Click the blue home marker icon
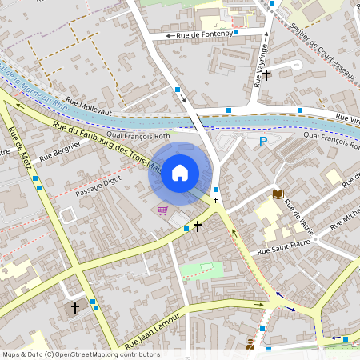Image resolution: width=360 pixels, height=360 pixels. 180,172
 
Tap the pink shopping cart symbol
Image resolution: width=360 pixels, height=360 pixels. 163,210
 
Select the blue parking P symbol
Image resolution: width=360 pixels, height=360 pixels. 262,142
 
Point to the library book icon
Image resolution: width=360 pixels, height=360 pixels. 278,194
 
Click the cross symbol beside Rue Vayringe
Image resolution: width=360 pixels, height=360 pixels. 266,75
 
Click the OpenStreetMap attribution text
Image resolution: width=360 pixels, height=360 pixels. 81,354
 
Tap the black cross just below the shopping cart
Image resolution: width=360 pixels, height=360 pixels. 197,227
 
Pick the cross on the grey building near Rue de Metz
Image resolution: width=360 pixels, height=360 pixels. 75,306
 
